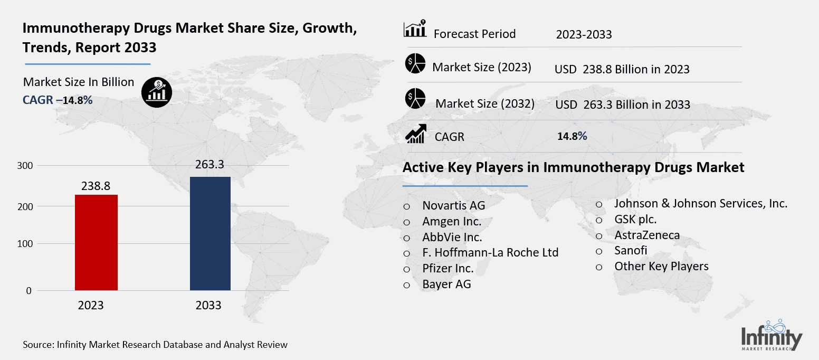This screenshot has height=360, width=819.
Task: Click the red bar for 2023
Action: (96, 242)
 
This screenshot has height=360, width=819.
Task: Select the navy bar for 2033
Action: (210, 233)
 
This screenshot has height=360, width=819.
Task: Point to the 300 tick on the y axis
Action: (26, 166)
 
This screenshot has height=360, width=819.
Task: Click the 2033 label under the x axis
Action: (208, 306)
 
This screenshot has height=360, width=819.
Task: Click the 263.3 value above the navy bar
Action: (209, 165)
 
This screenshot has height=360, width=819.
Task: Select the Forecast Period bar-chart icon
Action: (415, 30)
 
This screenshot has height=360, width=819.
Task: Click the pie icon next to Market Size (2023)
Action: (415, 64)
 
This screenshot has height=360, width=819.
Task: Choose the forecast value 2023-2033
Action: (584, 35)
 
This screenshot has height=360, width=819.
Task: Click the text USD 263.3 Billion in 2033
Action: (622, 105)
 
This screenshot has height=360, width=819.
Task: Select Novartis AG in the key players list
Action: (453, 205)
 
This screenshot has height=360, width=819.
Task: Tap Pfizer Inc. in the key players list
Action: (447, 269)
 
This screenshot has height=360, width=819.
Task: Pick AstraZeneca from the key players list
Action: (647, 235)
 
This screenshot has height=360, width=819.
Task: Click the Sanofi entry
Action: (630, 250)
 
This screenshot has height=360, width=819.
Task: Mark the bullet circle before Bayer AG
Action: (407, 285)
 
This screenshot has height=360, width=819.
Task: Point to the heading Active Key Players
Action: (573, 168)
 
